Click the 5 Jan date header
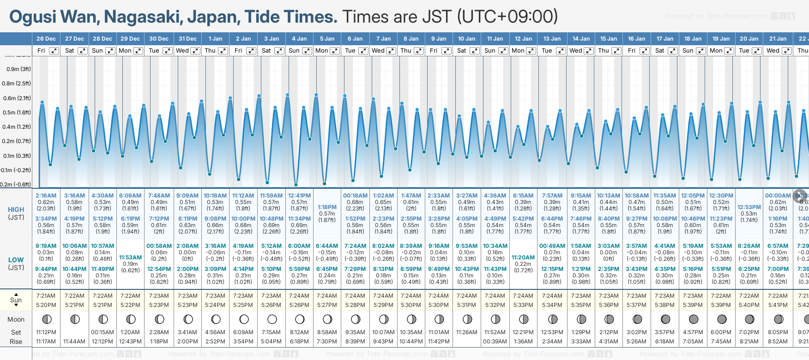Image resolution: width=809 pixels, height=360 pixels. pos(327,39)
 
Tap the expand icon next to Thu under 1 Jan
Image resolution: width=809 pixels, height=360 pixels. pos(223,51)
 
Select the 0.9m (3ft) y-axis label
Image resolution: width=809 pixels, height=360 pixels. pos(18,69)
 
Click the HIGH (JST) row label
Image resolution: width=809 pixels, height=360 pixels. pos(16,213)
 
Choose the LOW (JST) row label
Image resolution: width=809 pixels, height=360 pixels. pos(16,264)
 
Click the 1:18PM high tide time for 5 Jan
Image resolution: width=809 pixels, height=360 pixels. pos(327,207)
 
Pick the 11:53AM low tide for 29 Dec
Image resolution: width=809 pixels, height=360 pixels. pos(130,258)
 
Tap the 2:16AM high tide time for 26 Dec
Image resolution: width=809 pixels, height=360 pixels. pos(46,196)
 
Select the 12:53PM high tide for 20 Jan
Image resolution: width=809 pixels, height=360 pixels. pos(749,207)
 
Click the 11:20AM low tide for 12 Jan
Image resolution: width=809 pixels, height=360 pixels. pos(523,258)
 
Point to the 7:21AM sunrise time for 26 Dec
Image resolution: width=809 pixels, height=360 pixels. pos(46,296)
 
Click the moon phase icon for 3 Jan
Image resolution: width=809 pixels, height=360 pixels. pos(272,319)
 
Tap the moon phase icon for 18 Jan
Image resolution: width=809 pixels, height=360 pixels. pos(694,319)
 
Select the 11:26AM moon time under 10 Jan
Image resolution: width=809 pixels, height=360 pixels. pos(466,332)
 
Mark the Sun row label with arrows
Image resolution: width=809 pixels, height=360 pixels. pos(16,300)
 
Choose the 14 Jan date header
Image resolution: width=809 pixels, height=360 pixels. pos(581,39)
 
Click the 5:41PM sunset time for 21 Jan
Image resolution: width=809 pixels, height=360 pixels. pos(778,305)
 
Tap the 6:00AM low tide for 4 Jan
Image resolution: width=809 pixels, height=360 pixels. pos(299,246)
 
